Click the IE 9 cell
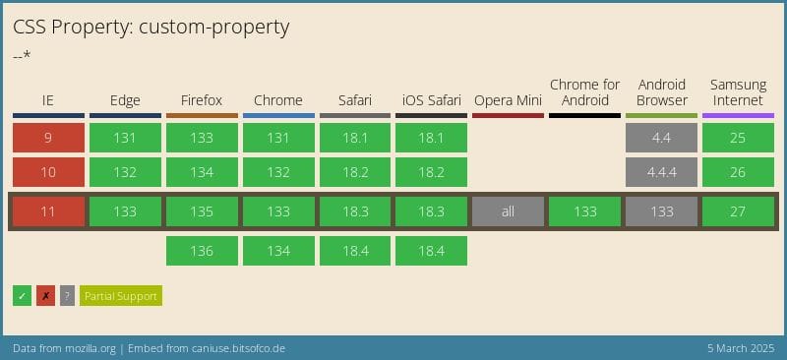pyautogui.click(x=48, y=138)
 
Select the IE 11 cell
pyautogui.click(x=48, y=211)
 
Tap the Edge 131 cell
pyautogui.click(x=125, y=138)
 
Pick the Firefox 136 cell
pyautogui.click(x=202, y=251)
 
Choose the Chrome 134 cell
pyautogui.click(x=278, y=251)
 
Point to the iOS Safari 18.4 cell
pyautogui.click(x=431, y=251)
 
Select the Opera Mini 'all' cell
pyautogui.click(x=508, y=211)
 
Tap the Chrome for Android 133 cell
pyautogui.click(x=584, y=211)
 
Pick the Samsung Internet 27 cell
pyautogui.click(x=738, y=211)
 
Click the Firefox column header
pyautogui.click(x=202, y=100)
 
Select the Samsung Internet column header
pyautogui.click(x=738, y=92)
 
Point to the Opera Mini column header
pyautogui.click(x=508, y=100)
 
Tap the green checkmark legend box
pyautogui.click(x=22, y=295)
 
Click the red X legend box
pyautogui.click(x=45, y=295)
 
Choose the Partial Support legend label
pyautogui.click(x=120, y=295)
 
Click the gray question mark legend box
pyautogui.click(x=67, y=295)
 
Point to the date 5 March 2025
pyautogui.click(x=740, y=349)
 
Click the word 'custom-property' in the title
pyautogui.click(x=213, y=27)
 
